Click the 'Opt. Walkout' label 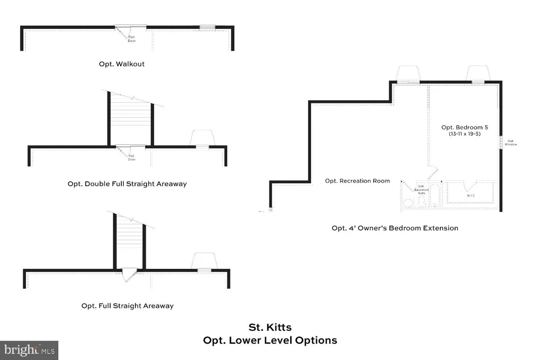pyautogui.click(x=121, y=64)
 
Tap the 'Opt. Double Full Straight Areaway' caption pyautogui.click(x=127, y=184)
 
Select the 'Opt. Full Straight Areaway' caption pyautogui.click(x=127, y=306)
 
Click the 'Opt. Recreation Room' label pyautogui.click(x=358, y=181)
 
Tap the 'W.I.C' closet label pyautogui.click(x=471, y=196)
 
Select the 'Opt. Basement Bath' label pyautogui.click(x=421, y=190)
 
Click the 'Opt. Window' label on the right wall pyautogui.click(x=511, y=142)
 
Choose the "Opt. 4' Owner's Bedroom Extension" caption pyautogui.click(x=394, y=228)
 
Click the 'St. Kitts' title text pyautogui.click(x=269, y=328)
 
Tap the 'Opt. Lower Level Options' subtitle pyautogui.click(x=269, y=340)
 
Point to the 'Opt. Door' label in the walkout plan pyautogui.click(x=132, y=38)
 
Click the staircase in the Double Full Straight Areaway pyautogui.click(x=130, y=119)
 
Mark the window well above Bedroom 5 pyautogui.click(x=478, y=73)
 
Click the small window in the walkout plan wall pyautogui.click(x=207, y=27)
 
